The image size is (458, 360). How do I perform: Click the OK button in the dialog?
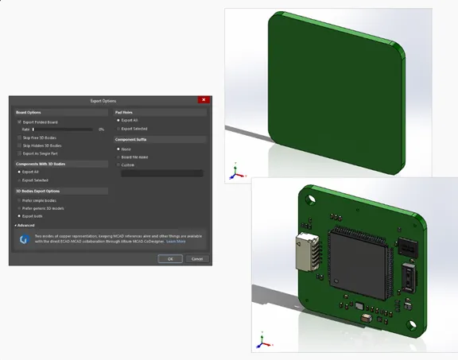point(169,258)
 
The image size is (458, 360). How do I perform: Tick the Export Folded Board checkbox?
point(20,122)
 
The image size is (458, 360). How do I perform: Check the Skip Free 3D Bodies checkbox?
point(20,137)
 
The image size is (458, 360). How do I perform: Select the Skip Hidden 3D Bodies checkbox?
point(20,145)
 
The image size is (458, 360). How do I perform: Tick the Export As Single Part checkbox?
point(20,153)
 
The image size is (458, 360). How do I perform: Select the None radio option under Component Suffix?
point(118,149)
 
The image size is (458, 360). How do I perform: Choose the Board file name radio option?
point(118,157)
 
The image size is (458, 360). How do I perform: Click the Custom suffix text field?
point(161,173)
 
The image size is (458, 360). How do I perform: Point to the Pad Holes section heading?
point(125,112)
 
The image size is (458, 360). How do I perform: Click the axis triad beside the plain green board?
point(234,172)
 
